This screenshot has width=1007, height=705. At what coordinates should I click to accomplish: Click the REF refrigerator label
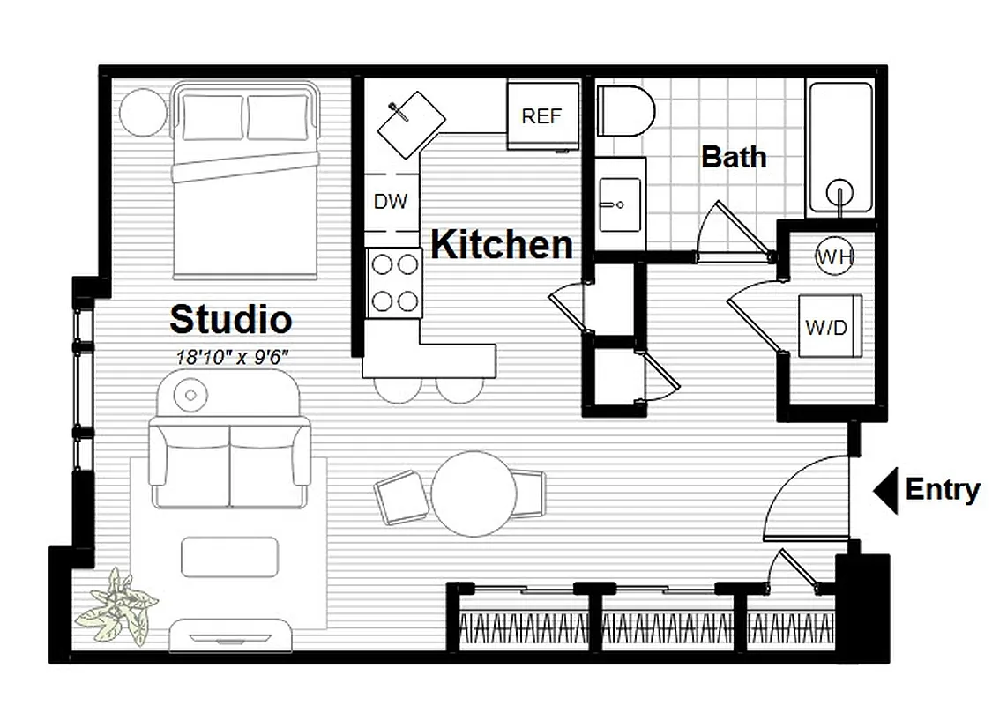[541, 116]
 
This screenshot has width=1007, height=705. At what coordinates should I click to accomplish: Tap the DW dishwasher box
[391, 202]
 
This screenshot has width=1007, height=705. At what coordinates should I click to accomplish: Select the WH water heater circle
[834, 257]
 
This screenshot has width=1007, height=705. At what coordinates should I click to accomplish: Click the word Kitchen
[502, 244]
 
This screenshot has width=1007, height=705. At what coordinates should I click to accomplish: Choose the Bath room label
[734, 158]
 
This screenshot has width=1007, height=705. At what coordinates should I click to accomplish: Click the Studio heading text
[230, 319]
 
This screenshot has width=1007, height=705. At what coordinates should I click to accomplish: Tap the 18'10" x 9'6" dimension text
[231, 357]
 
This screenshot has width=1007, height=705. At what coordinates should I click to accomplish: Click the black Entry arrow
[884, 490]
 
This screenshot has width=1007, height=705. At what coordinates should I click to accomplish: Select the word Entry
[943, 489]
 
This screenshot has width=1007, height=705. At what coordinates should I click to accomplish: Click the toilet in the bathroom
[626, 111]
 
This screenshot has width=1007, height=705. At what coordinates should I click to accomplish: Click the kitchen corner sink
[411, 125]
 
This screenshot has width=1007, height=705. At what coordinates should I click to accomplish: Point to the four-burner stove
[394, 282]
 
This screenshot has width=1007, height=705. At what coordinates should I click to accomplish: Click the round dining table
[474, 494]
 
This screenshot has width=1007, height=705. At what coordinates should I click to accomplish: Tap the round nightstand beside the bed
[143, 113]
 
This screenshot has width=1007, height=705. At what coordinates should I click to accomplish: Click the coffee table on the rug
[229, 557]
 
